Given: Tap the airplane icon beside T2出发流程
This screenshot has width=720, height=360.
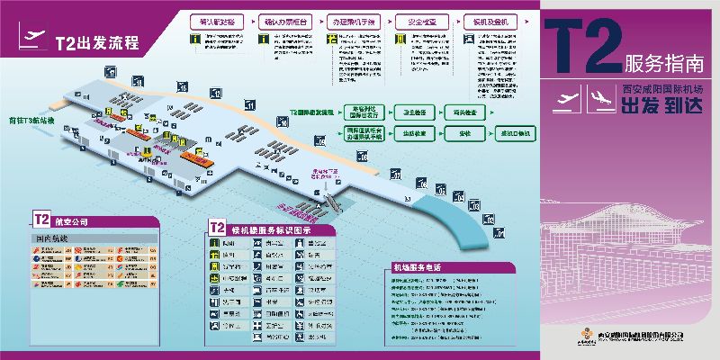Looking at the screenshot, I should click(x=32, y=38).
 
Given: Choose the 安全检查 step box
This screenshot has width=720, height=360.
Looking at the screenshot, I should click(x=419, y=19).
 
